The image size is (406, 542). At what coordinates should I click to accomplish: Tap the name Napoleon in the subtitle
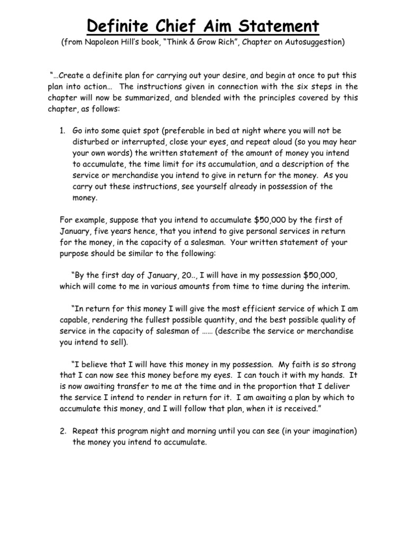click(x=101, y=42)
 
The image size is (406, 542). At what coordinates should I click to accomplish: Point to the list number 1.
click(x=62, y=130)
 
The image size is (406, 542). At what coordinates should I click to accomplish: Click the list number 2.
click(x=62, y=432)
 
